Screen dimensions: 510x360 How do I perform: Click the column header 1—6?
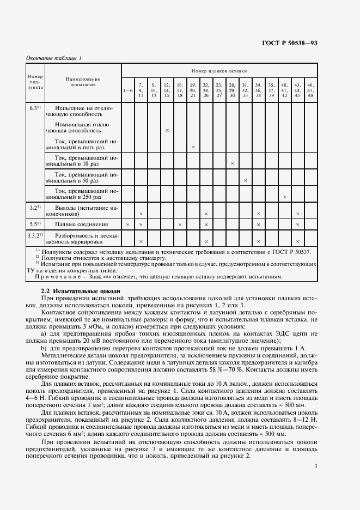coord(127,90)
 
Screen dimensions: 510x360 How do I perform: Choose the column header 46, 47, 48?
coord(310,90)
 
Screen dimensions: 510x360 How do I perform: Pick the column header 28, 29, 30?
coord(232,90)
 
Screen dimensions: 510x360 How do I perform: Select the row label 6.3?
coord(35,108)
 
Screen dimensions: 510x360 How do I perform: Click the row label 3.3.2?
coord(35,235)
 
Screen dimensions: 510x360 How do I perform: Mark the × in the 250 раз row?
coord(284,197)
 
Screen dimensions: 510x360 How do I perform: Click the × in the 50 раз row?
coord(245,180)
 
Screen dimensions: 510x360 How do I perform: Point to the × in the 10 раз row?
coord(232,163)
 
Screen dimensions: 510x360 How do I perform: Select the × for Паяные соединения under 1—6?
coord(127,224)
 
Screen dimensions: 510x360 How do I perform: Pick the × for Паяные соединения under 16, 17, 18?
coord(180,224)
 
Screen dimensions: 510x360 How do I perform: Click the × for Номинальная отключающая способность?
coord(167,131)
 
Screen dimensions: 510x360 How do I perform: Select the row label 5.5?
coord(35,223)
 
